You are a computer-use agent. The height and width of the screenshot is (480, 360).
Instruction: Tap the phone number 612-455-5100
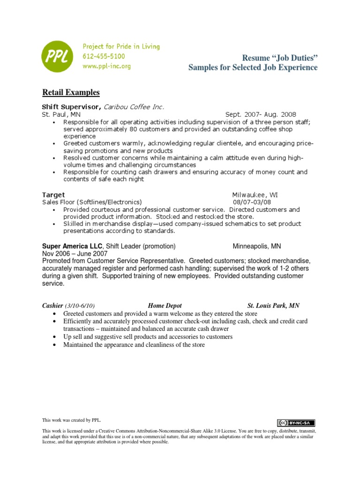104,56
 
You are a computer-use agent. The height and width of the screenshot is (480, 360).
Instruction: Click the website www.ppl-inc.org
106,66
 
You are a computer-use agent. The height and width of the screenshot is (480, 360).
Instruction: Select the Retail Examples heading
71,92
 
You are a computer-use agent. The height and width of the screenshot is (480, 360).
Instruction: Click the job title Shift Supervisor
71,107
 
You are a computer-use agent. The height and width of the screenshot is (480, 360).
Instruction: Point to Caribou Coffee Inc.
134,107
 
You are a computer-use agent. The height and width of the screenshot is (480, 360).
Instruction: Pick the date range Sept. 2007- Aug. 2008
261,114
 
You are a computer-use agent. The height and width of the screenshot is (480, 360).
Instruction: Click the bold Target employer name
53,195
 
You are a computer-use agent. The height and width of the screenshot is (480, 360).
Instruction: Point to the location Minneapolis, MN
257,246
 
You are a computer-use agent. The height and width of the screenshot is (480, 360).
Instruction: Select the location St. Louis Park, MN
273,306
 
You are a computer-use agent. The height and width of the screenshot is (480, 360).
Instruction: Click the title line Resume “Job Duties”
280,58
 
